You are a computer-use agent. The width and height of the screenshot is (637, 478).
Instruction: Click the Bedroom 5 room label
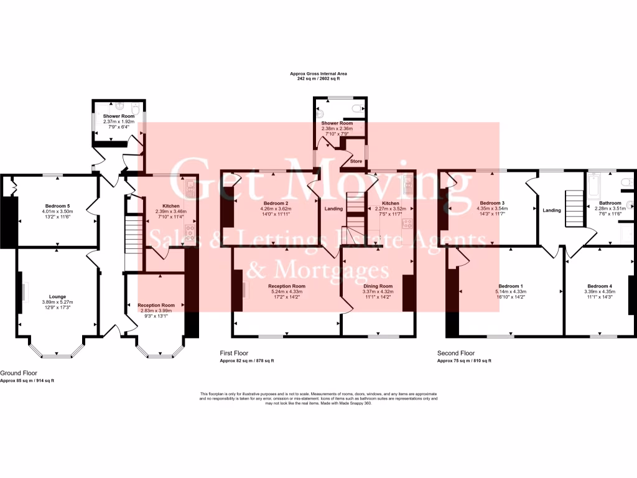pyautogui.click(x=57, y=205)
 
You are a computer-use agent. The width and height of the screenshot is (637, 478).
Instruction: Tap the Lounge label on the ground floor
pyautogui.click(x=54, y=297)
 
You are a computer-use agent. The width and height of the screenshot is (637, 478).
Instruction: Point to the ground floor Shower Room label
pyautogui.click(x=118, y=116)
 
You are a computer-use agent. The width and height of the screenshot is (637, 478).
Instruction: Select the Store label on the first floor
pyautogui.click(x=356, y=161)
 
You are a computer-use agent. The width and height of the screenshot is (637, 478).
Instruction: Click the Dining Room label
pyautogui.click(x=378, y=286)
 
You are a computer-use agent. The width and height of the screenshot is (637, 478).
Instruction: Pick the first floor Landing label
pyautogui.click(x=333, y=209)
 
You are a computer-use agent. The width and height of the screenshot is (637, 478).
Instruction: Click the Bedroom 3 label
pyautogui.click(x=491, y=203)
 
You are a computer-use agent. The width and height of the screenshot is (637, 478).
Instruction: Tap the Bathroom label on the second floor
pyautogui.click(x=610, y=203)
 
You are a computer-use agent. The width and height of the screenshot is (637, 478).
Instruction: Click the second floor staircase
pyautogui.click(x=574, y=202)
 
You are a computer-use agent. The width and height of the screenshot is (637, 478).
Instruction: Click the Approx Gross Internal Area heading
pyautogui.click(x=318, y=73)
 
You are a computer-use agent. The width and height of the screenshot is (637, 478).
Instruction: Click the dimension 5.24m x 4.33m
pyautogui.click(x=286, y=292)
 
